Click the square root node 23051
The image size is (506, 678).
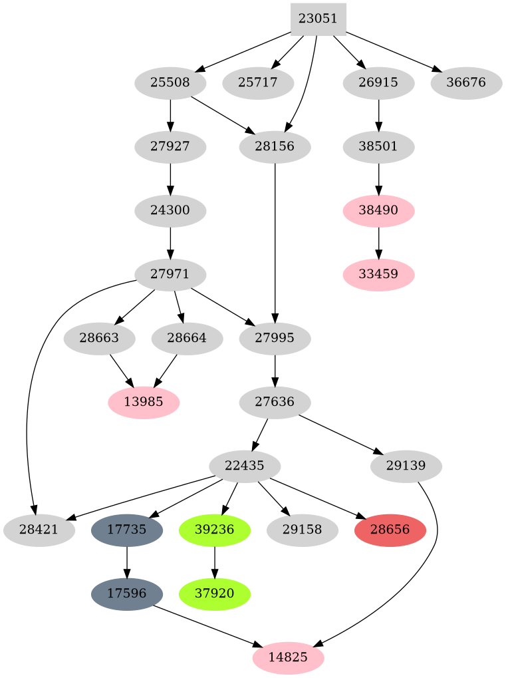(x=318, y=19)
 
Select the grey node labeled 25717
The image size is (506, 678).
(x=259, y=84)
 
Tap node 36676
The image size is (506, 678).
(x=466, y=84)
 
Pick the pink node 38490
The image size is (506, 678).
(x=378, y=210)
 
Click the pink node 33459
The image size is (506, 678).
(x=378, y=273)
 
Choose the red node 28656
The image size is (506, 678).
(x=390, y=530)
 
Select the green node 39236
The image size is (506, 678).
(x=215, y=530)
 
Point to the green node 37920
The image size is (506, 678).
(x=215, y=593)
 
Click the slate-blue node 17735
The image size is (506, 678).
(x=127, y=530)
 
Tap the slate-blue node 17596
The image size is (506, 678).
(x=127, y=593)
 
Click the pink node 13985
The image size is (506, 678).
(x=143, y=402)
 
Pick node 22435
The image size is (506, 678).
(x=245, y=466)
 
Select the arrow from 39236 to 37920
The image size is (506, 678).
(x=215, y=562)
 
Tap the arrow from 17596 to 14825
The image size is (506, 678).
(x=206, y=625)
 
